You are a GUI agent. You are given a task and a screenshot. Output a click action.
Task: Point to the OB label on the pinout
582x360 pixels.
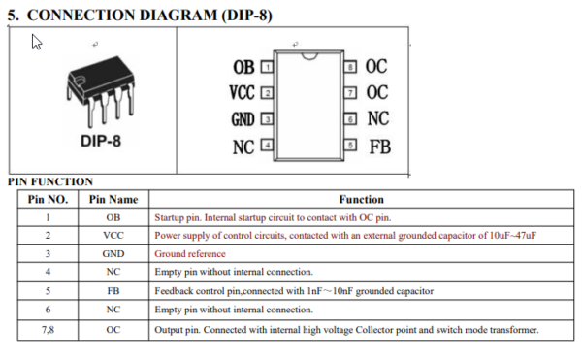coord(244,68)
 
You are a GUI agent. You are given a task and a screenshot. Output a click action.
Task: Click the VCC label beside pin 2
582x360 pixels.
coord(242,94)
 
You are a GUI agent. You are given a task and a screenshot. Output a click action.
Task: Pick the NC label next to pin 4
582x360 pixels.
coord(243,147)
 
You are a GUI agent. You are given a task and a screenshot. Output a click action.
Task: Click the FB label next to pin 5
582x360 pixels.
coord(379,147)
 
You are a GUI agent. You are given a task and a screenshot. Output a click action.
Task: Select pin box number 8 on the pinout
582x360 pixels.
coord(350,67)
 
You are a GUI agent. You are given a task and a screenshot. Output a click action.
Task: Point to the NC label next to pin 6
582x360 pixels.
coord(378,119)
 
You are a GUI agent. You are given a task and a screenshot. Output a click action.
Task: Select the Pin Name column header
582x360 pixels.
coord(113,199)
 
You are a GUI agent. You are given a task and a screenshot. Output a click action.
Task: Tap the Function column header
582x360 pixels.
coord(361,199)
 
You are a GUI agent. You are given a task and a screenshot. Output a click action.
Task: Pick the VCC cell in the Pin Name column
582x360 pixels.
coord(113,236)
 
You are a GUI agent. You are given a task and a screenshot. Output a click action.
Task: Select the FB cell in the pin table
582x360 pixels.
coord(113,291)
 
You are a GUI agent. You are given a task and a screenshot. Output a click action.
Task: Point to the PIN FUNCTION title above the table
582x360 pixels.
coord(50,181)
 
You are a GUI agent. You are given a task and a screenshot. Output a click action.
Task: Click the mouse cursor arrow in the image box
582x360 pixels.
coord(37,42)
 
